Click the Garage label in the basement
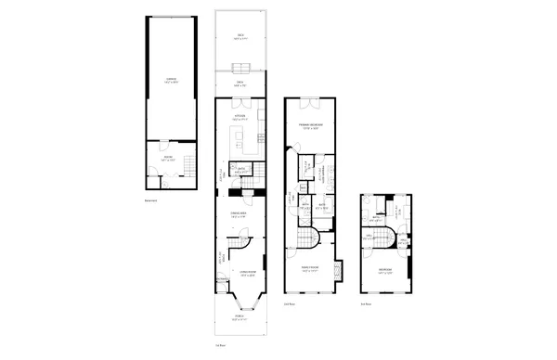tap(172, 80)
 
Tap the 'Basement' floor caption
tap(150, 200)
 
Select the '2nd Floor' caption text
tap(289, 303)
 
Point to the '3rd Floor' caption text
tap(366, 303)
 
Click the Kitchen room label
tap(239, 117)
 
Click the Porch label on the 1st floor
tap(240, 318)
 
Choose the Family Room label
tap(309, 270)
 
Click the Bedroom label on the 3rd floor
tap(384, 270)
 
